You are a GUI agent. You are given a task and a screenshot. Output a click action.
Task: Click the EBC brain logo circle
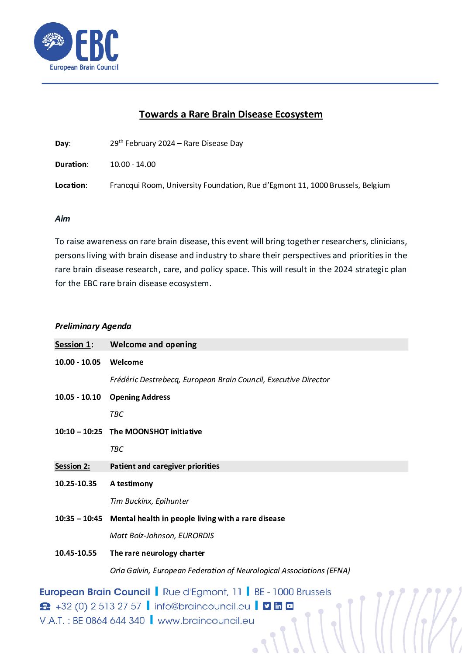[x=53, y=42]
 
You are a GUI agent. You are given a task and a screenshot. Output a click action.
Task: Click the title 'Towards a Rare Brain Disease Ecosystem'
[x=231, y=114]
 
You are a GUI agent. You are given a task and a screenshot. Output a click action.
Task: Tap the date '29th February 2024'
[x=142, y=143]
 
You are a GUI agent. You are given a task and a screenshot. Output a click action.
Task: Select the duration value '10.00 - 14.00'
[x=133, y=164]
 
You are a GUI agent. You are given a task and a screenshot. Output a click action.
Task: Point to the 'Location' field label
[x=71, y=185]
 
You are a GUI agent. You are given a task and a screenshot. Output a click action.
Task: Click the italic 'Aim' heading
[x=62, y=219]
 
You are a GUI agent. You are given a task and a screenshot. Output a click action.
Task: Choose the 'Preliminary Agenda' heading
[x=93, y=326]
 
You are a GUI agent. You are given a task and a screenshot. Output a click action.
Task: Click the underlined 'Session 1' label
[x=72, y=345]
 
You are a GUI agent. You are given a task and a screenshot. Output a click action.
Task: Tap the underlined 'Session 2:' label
[x=72, y=466]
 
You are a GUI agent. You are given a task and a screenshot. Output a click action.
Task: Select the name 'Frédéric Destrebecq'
[x=145, y=380]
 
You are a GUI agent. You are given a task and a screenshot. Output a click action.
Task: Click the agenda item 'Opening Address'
[x=140, y=397]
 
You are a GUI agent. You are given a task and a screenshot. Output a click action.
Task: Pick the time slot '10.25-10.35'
[x=76, y=484]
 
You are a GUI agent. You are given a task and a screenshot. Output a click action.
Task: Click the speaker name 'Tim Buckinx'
[x=130, y=501]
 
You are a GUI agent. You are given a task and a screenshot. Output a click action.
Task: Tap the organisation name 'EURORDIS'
[x=196, y=536]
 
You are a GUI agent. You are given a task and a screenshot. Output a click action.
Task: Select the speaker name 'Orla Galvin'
[x=129, y=571]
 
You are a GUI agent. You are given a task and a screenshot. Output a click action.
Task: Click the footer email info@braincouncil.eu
[x=202, y=606]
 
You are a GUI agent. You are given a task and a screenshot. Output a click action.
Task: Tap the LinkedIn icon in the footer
[x=278, y=606]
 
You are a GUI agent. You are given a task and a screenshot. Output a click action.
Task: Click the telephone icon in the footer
[x=45, y=607]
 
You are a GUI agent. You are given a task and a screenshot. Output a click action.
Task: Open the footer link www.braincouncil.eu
[x=206, y=621]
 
